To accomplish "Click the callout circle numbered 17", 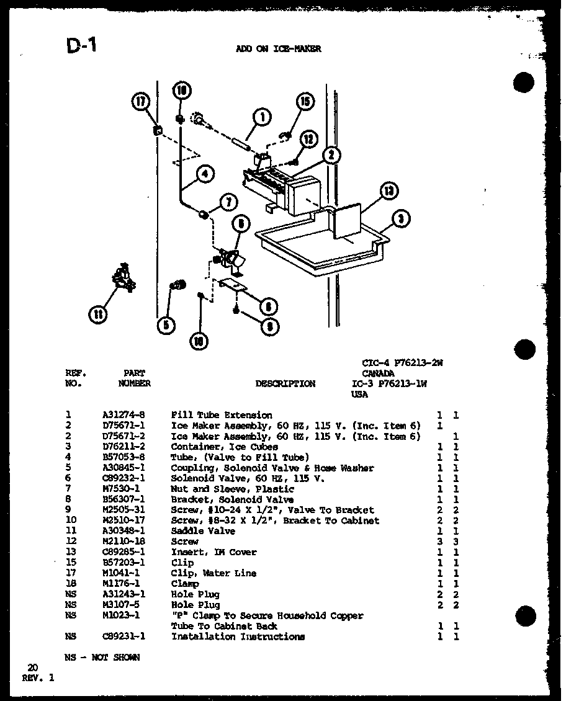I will pos(141,102).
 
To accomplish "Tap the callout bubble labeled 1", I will pos(262,116).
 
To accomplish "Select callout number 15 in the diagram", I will pos(305,102).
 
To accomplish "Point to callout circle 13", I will pos(389,192).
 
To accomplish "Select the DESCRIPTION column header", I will pos(285,384).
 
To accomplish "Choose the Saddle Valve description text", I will pos(203,531).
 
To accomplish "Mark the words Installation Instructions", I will pos(238,636).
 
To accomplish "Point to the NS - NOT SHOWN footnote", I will pos(102,658).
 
